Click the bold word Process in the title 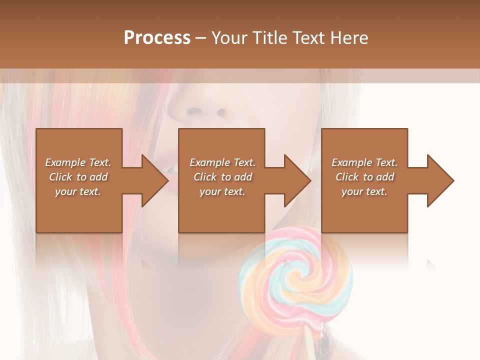click(157, 38)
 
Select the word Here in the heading click(349, 38)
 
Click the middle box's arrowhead click(297, 180)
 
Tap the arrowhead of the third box click(440, 180)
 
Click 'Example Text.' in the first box click(78, 162)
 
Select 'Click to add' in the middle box click(222, 177)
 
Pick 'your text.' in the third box click(364, 191)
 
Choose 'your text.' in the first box click(78, 191)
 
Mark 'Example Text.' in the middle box click(222, 162)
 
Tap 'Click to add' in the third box click(364, 177)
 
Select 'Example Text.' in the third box click(364, 162)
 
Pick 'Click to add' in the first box click(78, 177)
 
